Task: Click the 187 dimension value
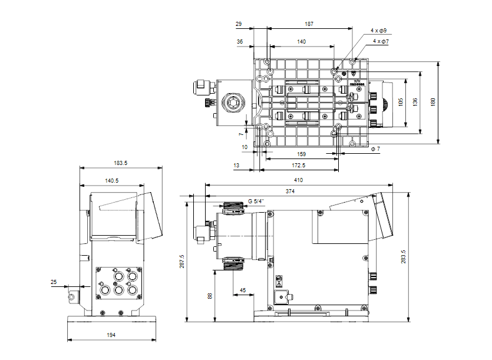[x=309, y=24]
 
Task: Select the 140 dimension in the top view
[x=301, y=42]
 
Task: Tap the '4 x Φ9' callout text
[x=378, y=29]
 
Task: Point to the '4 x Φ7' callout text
[x=381, y=42]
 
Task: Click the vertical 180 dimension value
[x=434, y=102]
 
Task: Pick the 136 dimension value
[x=416, y=102]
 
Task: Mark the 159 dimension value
[x=301, y=154]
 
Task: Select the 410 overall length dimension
[x=298, y=180]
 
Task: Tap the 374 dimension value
[x=290, y=191]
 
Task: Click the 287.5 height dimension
[x=181, y=259]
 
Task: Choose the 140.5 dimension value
[x=111, y=181]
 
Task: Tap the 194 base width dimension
[x=111, y=335]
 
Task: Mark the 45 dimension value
[x=243, y=290]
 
